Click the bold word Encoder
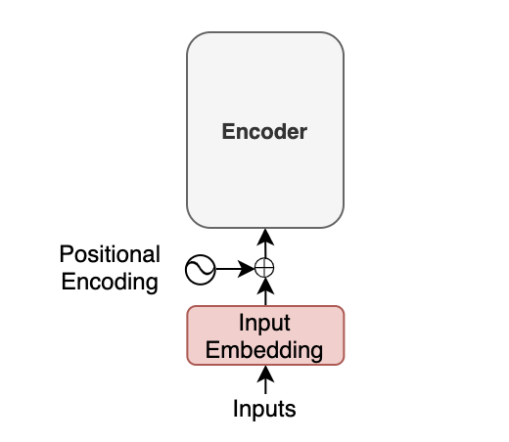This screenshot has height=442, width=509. tap(264, 132)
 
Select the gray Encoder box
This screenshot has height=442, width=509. tap(265, 130)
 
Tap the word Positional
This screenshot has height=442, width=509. tap(110, 254)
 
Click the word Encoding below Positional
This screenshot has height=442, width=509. tap(110, 283)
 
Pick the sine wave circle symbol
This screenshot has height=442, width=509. tap(201, 270)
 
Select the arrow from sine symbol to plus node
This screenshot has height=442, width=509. tap(235, 269)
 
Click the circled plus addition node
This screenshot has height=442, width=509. tap(264, 268)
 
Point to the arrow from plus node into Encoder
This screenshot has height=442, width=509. tap(265, 243)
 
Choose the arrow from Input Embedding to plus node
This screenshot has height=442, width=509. tap(265, 291)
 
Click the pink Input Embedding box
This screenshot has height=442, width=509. tap(265, 335)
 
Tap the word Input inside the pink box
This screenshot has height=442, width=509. tap(264, 324)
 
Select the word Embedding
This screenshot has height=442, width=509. tap(264, 350)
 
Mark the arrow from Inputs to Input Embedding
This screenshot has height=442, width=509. tap(265, 379)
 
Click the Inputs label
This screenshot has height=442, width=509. tap(264, 409)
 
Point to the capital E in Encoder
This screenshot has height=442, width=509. tap(228, 131)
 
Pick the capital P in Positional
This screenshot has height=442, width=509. tap(66, 254)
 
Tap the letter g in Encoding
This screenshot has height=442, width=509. tap(152, 285)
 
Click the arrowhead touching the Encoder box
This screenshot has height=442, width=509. tap(265, 237)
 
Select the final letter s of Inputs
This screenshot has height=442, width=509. tap(291, 411)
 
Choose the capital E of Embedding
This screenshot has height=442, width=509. tap(212, 350)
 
